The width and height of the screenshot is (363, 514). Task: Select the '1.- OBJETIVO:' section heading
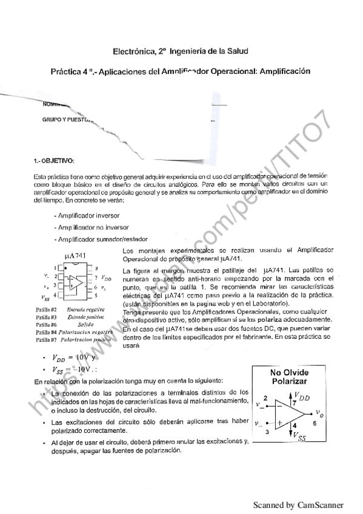click(x=55, y=161)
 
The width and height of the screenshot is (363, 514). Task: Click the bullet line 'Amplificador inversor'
click(x=87, y=215)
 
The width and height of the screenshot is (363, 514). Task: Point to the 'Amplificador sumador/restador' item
click(x=96, y=239)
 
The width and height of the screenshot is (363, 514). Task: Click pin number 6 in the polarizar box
click(x=314, y=424)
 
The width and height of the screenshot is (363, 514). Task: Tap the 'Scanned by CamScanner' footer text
click(x=298, y=505)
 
